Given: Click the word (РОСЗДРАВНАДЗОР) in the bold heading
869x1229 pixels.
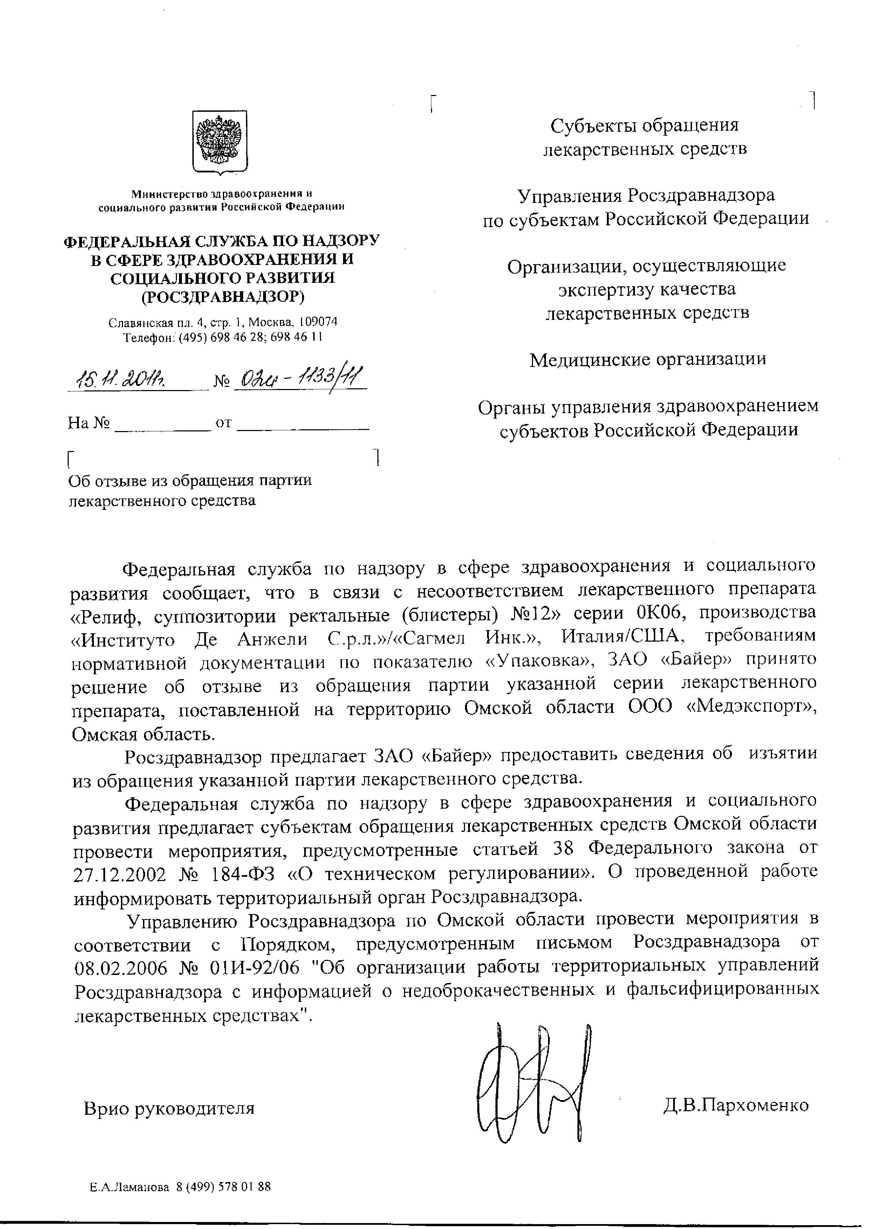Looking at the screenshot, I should [x=222, y=296].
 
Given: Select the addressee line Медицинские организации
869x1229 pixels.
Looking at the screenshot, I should [x=648, y=359].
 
